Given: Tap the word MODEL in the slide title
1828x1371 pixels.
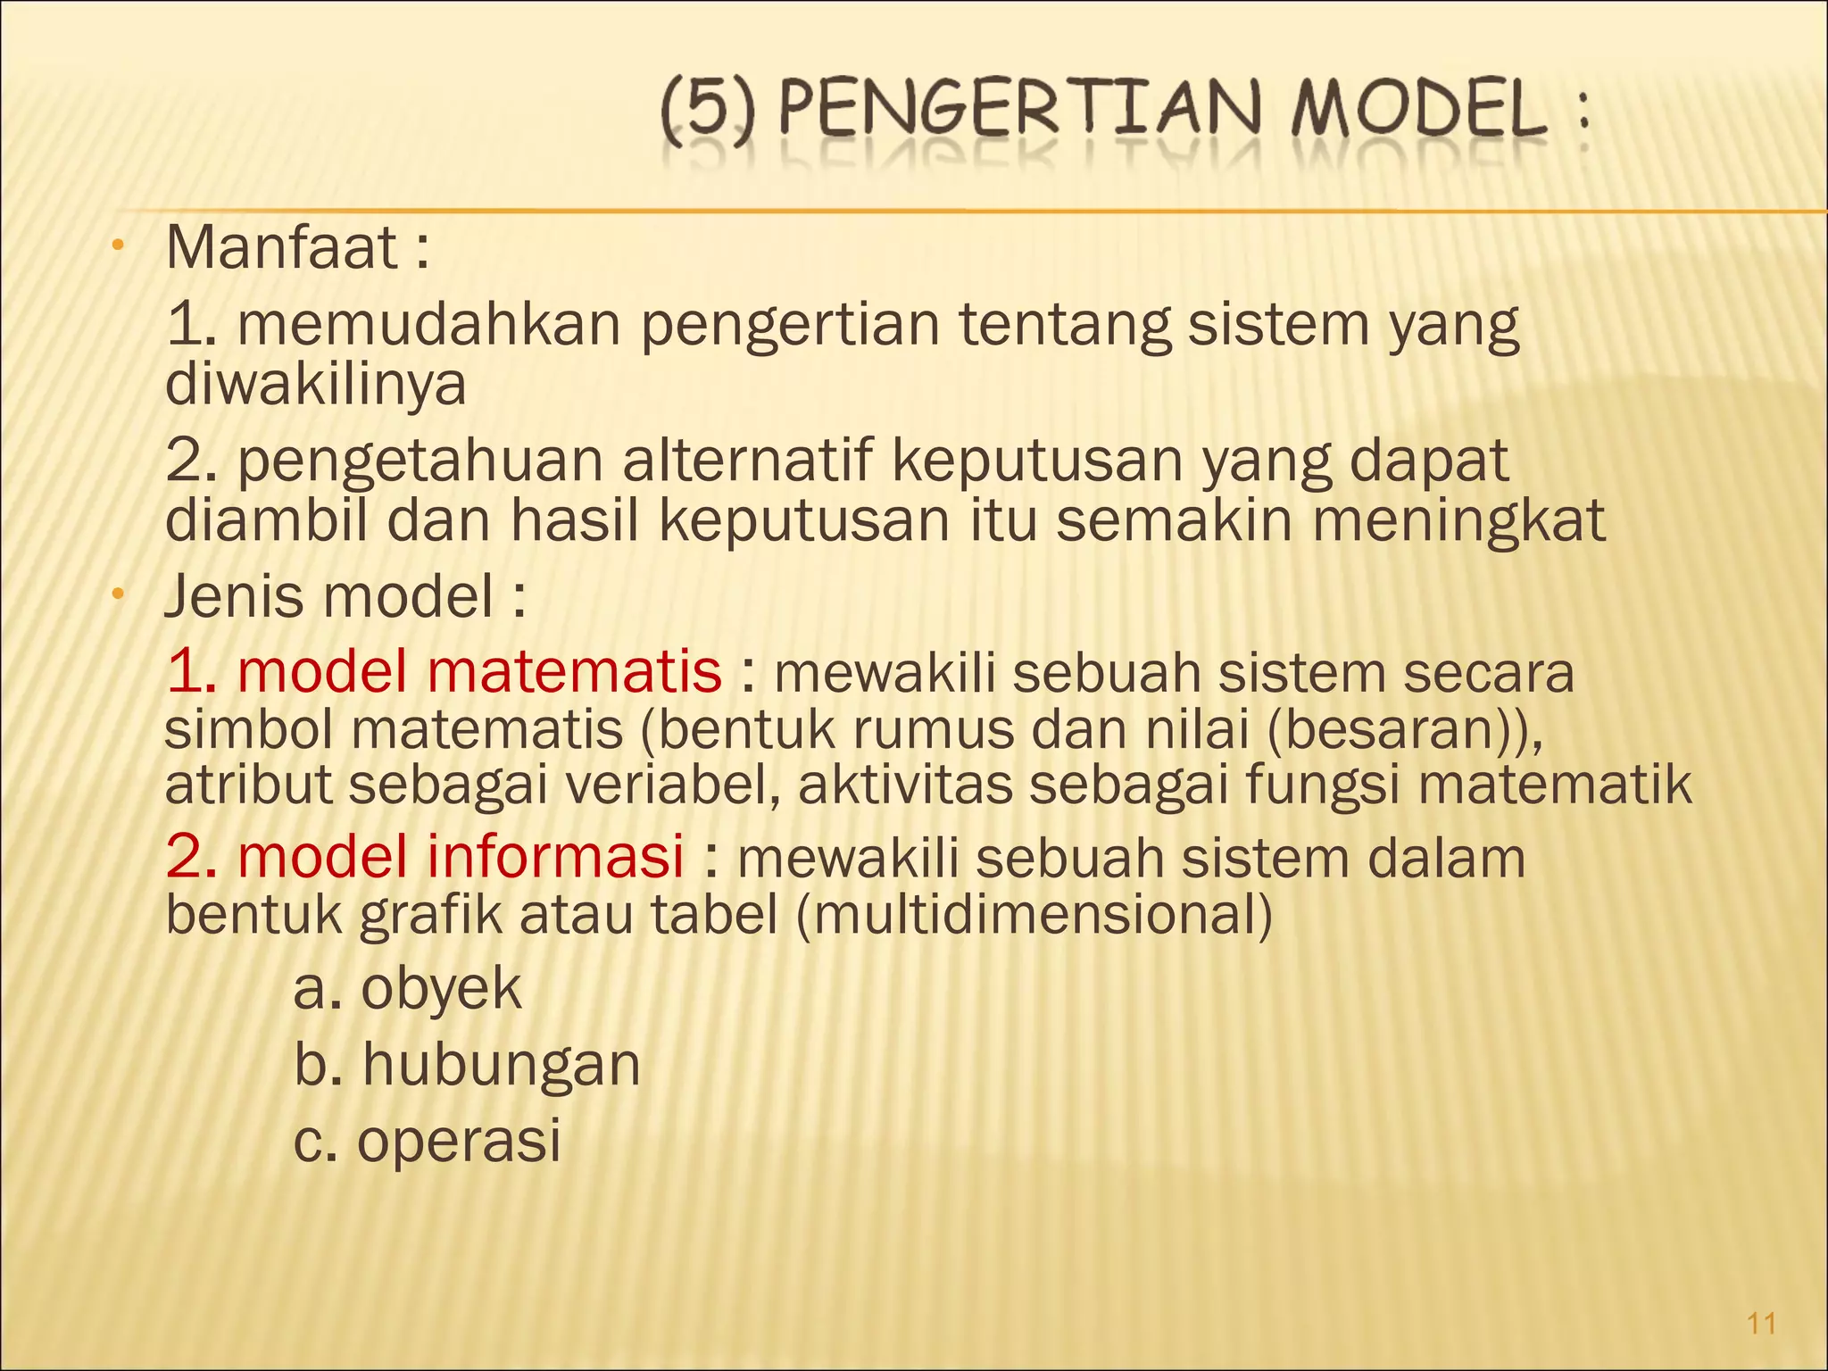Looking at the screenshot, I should coord(1419,111).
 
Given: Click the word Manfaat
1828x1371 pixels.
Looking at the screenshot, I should coord(281,248).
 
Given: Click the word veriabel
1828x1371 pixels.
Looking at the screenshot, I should coord(674,785).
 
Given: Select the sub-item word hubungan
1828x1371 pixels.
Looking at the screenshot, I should coord(501,1065).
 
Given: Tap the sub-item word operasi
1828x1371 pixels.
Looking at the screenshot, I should coord(459,1141).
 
